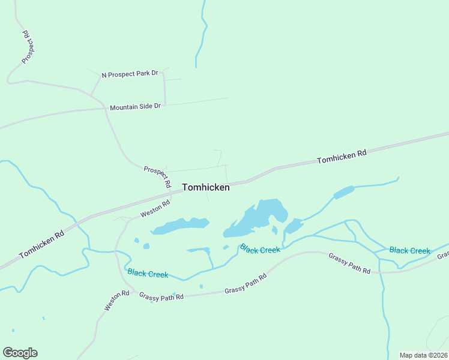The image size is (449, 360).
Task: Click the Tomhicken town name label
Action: point(205,187)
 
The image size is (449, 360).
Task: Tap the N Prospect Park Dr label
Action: point(130,74)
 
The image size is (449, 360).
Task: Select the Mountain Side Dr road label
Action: point(135,106)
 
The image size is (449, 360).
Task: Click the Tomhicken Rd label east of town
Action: point(342,157)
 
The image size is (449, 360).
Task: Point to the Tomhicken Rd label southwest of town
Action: point(41,245)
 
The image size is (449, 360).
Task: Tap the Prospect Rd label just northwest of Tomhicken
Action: point(158,177)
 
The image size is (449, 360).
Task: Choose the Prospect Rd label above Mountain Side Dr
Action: point(26,47)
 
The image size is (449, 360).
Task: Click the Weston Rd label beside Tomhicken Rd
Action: point(155,209)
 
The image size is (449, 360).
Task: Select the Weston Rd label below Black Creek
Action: point(116,301)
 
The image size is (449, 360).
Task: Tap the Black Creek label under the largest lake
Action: point(260,249)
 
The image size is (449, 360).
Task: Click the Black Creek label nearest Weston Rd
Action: point(148,273)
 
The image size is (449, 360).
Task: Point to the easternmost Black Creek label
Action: point(409,250)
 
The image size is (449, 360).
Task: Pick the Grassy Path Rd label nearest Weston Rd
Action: point(161,296)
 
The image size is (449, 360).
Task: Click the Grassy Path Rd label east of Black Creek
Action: point(349,263)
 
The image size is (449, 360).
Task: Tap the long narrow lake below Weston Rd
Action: point(179,226)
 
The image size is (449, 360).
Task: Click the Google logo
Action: point(20,353)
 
